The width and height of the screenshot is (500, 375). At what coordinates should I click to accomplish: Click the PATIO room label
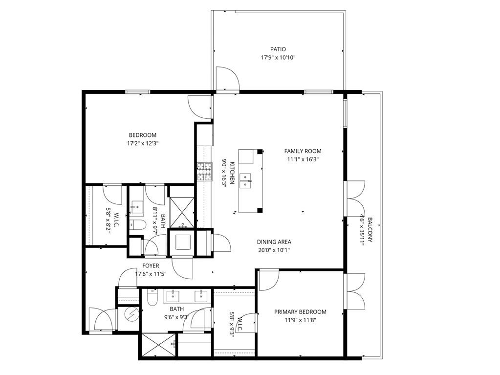pos(278,49)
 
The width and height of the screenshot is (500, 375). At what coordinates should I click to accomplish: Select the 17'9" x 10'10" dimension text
pos(278,58)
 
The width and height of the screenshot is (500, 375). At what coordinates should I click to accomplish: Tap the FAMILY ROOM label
pos(303,151)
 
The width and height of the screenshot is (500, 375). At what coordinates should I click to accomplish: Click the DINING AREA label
pos(274,242)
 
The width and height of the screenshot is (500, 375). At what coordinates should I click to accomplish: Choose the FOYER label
pos(151,266)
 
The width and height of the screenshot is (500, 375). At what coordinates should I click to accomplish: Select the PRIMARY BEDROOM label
pos(300,312)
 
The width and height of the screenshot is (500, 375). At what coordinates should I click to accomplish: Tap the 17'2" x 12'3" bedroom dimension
pos(142,144)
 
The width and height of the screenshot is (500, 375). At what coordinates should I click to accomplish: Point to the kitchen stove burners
pos(203,172)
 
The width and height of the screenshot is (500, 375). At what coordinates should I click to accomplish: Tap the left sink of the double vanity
pos(174,295)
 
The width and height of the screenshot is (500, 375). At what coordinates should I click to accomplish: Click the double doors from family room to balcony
pos(355,198)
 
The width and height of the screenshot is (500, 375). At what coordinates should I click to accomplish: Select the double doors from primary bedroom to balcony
pos(355,291)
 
